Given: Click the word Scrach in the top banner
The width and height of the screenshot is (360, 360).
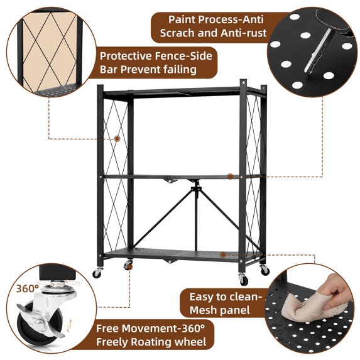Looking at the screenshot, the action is tap(177, 33).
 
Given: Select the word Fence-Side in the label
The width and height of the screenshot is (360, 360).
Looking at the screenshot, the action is tap(183, 56).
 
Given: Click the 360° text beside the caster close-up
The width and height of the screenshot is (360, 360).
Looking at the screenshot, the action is tap(28, 288).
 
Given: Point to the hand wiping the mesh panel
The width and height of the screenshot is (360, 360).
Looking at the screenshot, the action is tap(337, 289).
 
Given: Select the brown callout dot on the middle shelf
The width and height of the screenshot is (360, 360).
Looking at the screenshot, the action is tap(230, 177).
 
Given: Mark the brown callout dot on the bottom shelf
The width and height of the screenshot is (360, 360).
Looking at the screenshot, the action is tap(223, 254).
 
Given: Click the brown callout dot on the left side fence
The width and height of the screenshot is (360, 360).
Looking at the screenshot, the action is tap(117, 138).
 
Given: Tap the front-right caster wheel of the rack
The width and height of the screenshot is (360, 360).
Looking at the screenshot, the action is tap(243, 280).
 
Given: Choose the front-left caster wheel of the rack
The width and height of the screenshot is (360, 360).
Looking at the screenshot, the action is tap(97, 273).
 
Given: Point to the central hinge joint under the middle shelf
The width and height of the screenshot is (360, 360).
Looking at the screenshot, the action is tap(196, 188).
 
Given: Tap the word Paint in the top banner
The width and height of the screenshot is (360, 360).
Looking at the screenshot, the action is tap(182, 19).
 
